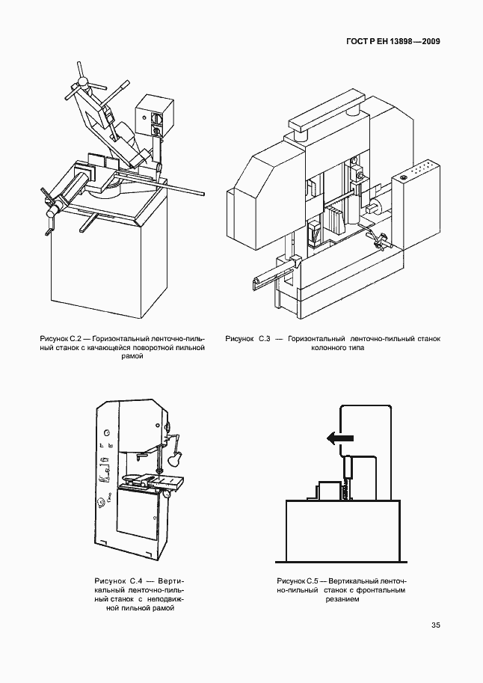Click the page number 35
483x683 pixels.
coord(435,625)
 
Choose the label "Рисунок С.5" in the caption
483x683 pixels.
coord(298,581)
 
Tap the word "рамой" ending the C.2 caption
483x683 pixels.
coord(131,358)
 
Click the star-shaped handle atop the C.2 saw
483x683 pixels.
coord(81,79)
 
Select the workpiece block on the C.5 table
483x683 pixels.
coord(327,491)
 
